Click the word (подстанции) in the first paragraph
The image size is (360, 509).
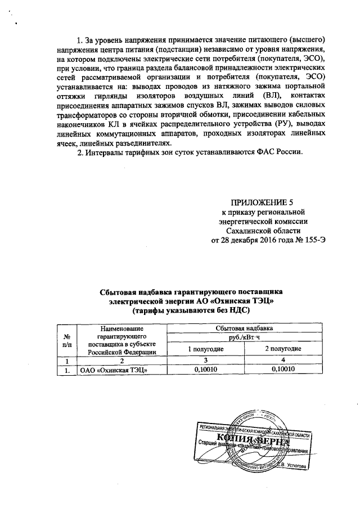click(x=184, y=51)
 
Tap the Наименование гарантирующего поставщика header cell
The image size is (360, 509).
click(x=120, y=339)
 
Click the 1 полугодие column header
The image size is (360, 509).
click(x=206, y=349)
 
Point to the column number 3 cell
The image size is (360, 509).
click(x=206, y=361)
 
